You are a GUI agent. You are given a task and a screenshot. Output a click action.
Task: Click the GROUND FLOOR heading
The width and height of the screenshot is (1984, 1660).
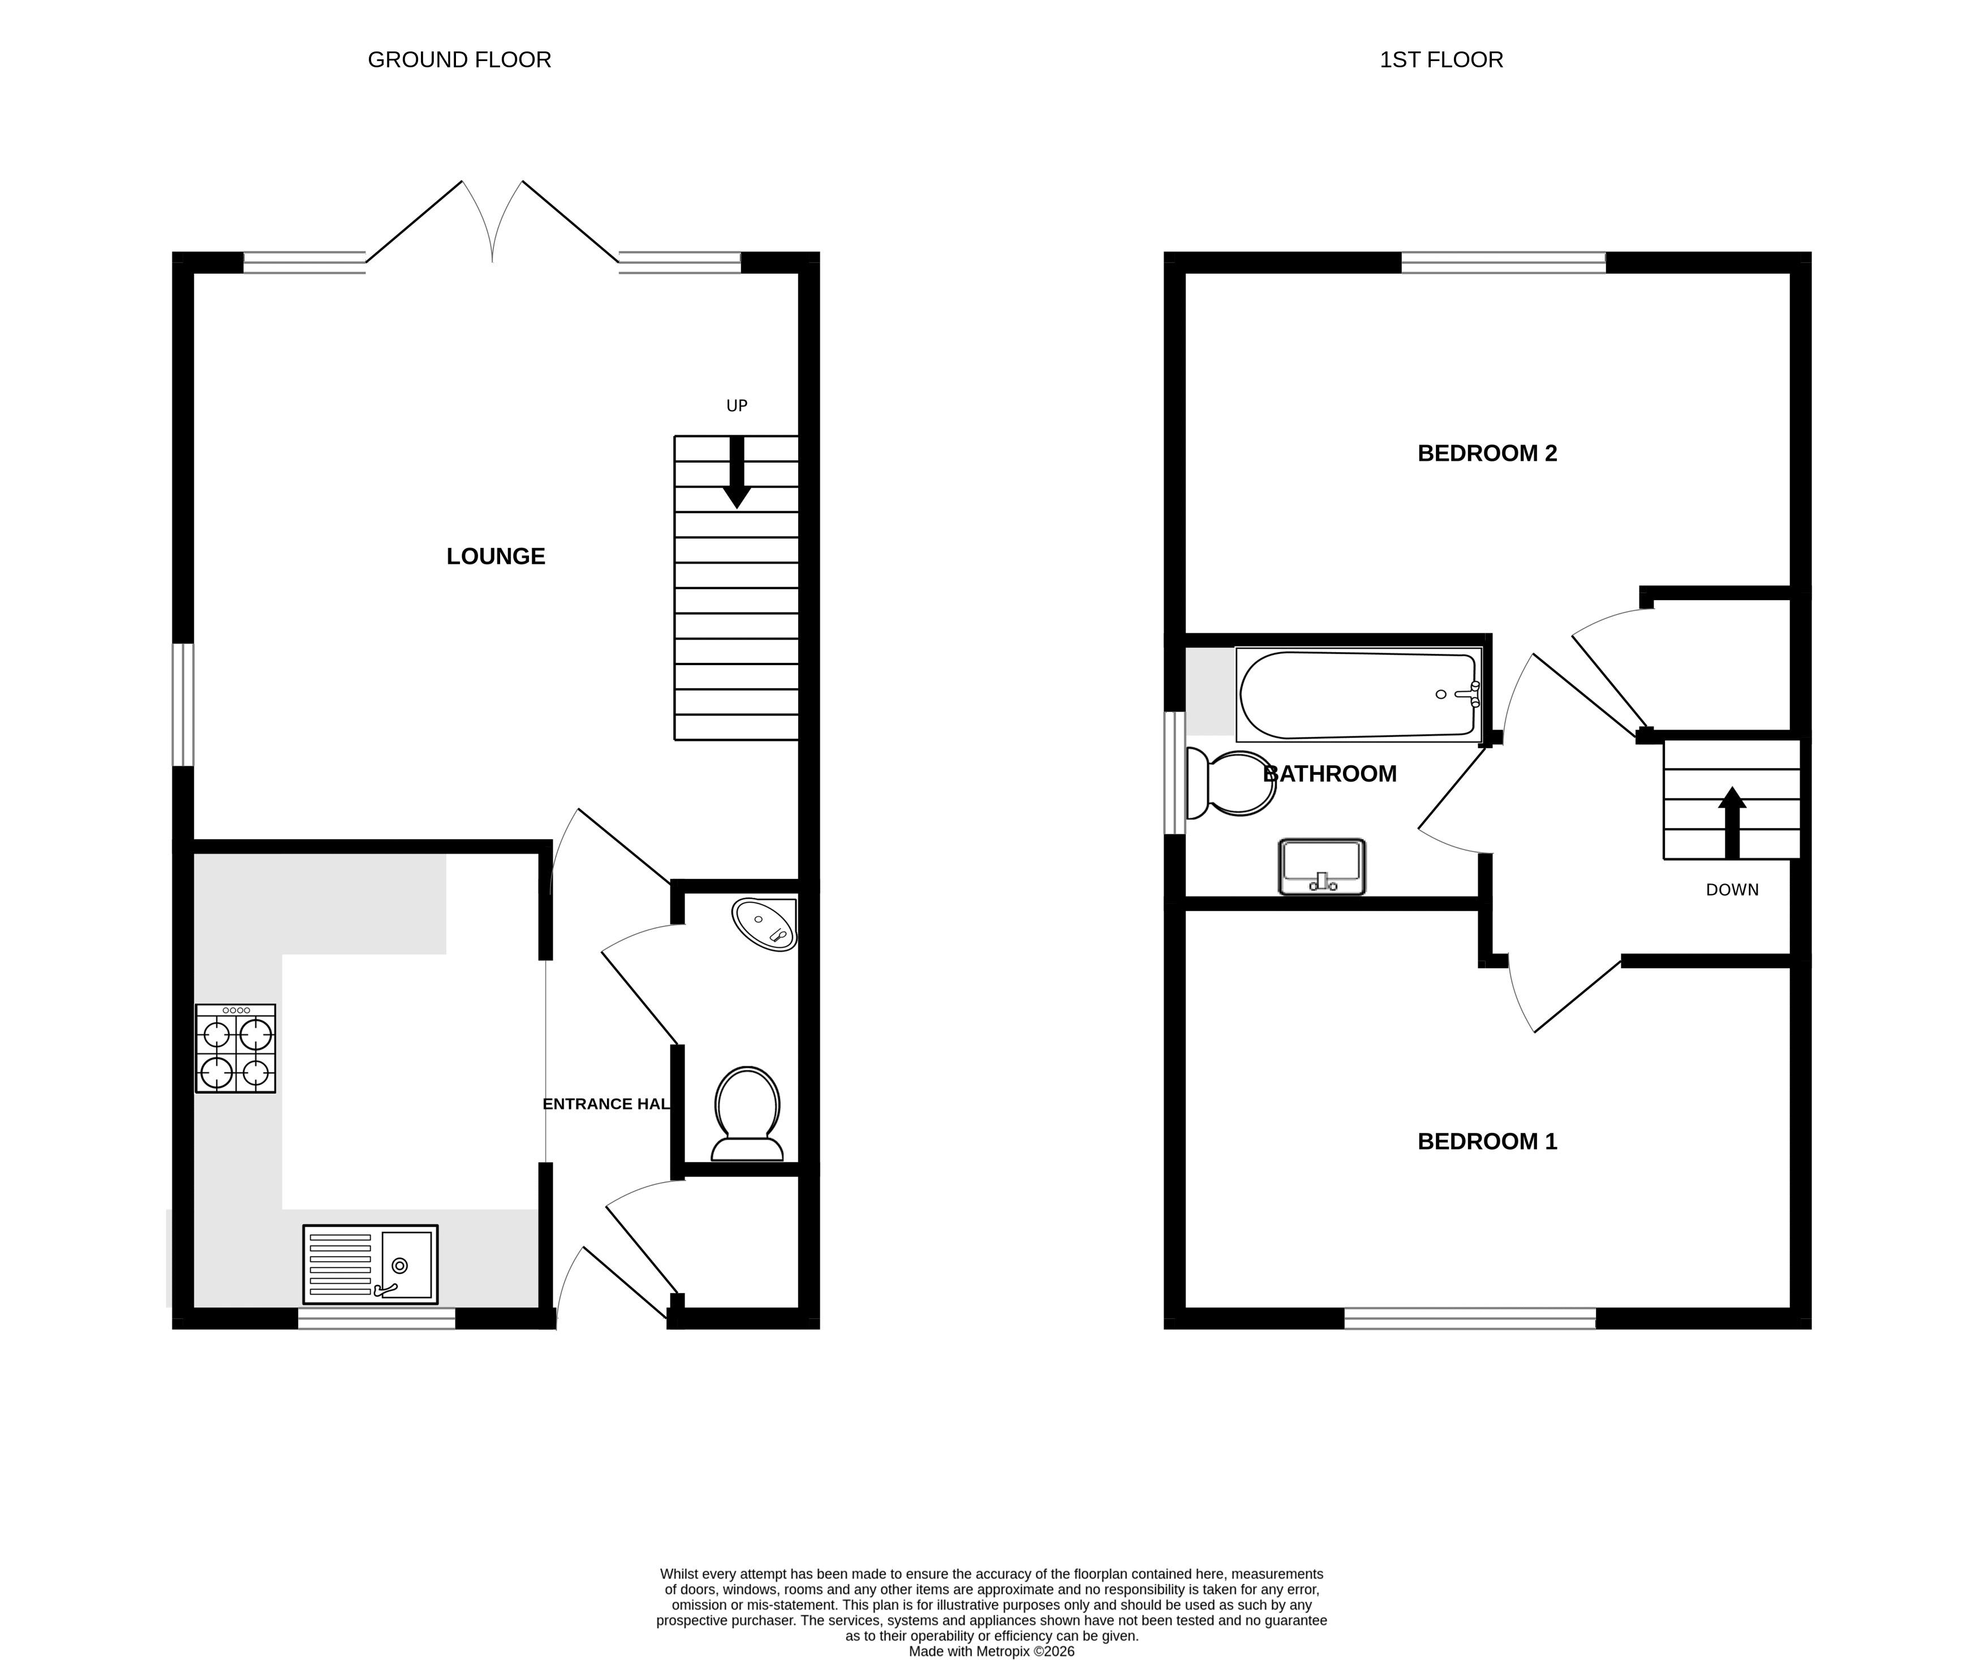[x=459, y=59]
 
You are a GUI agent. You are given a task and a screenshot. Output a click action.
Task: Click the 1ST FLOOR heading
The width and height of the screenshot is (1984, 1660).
[x=1441, y=59]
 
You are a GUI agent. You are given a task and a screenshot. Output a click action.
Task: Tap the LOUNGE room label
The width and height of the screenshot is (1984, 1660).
[x=496, y=557]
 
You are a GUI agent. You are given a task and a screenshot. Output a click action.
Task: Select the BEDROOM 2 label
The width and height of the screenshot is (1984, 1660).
[x=1487, y=454]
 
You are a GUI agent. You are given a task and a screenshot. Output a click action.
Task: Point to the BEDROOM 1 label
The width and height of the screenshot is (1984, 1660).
[x=1487, y=1141]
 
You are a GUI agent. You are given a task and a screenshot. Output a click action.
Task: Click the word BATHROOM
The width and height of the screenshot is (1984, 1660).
[x=1330, y=774]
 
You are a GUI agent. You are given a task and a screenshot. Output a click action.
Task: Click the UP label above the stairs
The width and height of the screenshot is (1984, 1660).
[x=737, y=406]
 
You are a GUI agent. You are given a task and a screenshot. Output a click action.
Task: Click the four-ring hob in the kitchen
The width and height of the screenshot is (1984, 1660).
[x=235, y=1049]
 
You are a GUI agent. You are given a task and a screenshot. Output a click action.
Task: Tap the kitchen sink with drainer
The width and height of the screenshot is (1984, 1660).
[x=371, y=1264]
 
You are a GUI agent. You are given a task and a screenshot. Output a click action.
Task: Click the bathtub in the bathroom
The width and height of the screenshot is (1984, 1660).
[x=1358, y=695]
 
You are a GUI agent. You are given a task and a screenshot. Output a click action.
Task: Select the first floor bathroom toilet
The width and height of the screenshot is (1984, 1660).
[x=1230, y=783]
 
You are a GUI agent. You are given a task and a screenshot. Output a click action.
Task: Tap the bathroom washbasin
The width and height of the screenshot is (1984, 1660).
[x=1322, y=866]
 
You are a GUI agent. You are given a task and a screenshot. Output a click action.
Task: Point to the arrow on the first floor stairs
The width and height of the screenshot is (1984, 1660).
[x=1732, y=823]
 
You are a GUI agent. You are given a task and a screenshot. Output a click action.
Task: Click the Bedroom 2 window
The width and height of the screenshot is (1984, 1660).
[x=1503, y=262]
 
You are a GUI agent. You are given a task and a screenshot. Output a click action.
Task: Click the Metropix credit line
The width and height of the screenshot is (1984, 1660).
[x=992, y=1652]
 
